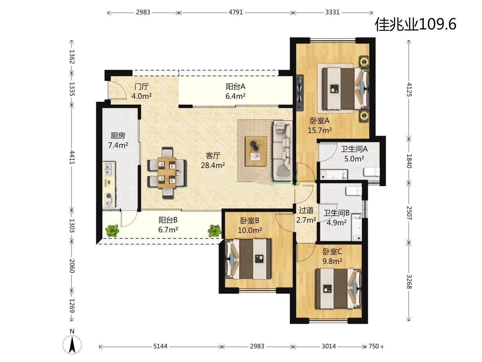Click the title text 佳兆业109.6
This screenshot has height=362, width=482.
tap(415, 24)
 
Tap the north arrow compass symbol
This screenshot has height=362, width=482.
tap(72, 342)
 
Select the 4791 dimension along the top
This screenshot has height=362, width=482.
tap(236, 12)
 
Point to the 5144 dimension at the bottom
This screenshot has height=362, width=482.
tap(160, 346)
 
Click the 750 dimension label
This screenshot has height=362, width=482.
tap(374, 346)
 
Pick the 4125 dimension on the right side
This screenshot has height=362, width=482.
tap(409, 90)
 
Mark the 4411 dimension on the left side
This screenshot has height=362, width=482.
tap(72, 158)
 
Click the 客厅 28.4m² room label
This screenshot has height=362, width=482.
tap(213, 161)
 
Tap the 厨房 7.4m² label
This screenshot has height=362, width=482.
tap(118, 140)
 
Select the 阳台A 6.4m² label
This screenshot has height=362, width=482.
tap(235, 91)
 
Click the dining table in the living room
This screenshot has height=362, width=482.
tap(167, 173)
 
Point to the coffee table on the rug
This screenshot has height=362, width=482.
tap(256, 151)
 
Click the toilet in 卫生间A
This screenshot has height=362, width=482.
tap(372, 171)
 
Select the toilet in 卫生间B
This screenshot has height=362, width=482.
tap(354, 191)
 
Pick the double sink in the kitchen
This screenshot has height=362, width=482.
tap(109, 169)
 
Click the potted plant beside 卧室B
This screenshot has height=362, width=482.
tap(214, 231)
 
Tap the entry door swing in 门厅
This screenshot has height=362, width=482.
tap(118, 90)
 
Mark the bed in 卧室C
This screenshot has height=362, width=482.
tap(338, 289)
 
